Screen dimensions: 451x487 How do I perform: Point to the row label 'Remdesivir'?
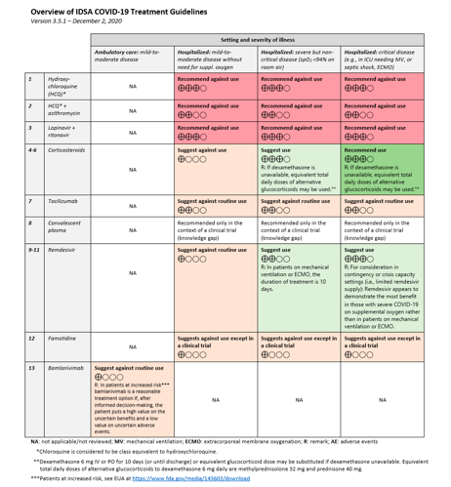click(x=61, y=250)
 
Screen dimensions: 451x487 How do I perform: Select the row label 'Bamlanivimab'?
click(x=64, y=368)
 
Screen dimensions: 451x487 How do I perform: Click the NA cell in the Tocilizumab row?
click(x=131, y=205)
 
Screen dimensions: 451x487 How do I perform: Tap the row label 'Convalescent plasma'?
click(x=63, y=230)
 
